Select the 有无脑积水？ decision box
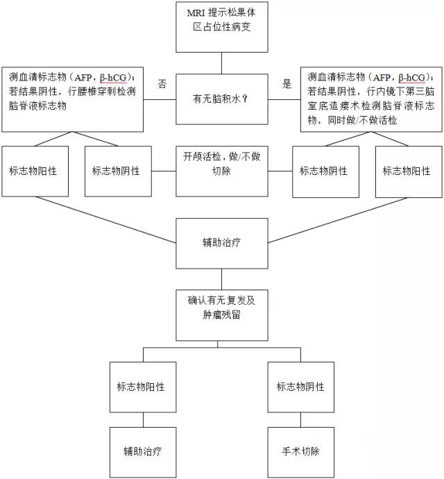[x=221, y=99]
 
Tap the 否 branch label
[x=162, y=84]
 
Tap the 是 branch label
[x=287, y=84]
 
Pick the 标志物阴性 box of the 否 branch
[x=116, y=171]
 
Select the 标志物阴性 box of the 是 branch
[x=323, y=171]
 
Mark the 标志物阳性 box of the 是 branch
[x=407, y=171]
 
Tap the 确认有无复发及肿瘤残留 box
[x=221, y=308]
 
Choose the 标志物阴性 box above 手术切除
[x=300, y=387]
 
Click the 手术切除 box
[x=300, y=451]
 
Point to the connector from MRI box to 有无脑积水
[x=221, y=63]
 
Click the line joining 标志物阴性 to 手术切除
[x=300, y=419]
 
